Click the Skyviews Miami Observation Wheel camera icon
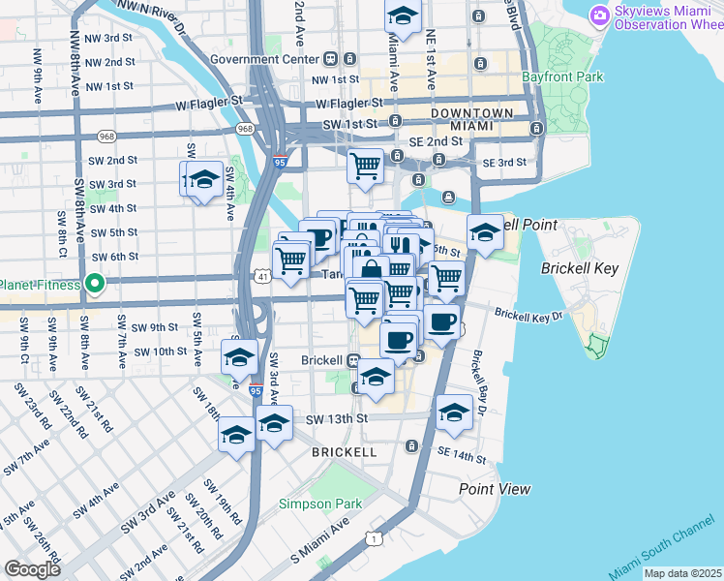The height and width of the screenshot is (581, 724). (x=599, y=15)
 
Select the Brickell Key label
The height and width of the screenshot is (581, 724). (x=573, y=266)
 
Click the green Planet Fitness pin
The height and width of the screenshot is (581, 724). (x=94, y=284)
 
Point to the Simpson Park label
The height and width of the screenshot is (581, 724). (x=319, y=504)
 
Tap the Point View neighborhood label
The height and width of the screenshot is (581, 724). (x=495, y=489)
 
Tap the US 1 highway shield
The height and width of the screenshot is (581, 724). (x=373, y=537)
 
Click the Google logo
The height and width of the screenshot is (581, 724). (x=32, y=568)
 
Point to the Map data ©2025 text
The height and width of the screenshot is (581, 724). (x=682, y=573)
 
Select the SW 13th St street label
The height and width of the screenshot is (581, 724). (x=337, y=418)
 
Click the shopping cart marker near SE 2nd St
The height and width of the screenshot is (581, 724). (x=365, y=167)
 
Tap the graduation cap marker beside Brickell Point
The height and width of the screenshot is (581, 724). (x=485, y=233)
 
